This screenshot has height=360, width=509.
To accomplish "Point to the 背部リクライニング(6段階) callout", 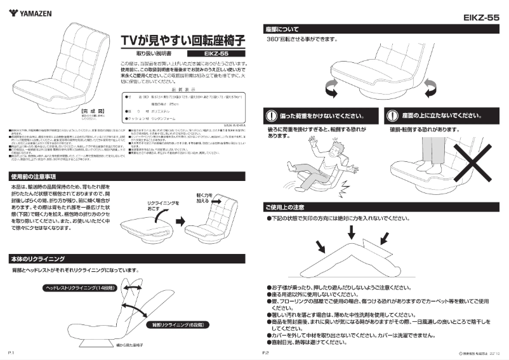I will click(x=171, y=324).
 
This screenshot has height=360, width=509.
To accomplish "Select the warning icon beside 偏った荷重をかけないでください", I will click(x=272, y=116).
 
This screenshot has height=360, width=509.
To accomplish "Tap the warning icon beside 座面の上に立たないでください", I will click(x=392, y=116).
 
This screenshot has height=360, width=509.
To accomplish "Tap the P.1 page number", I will click(x=11, y=352).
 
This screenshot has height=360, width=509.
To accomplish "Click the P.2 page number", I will click(x=266, y=352).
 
